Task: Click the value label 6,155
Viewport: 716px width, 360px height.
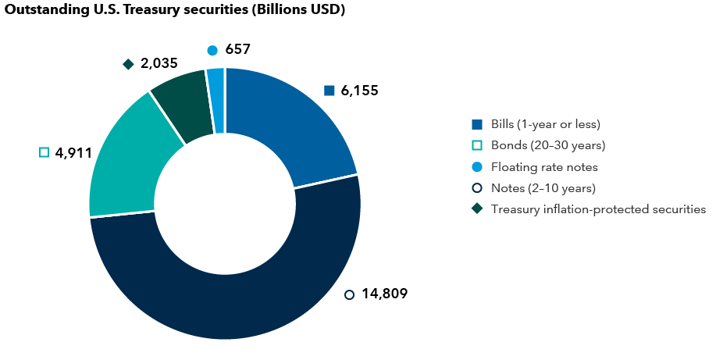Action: point(359,91)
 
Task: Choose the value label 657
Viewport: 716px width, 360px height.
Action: point(237,49)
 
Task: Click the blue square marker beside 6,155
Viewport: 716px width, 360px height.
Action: point(329,91)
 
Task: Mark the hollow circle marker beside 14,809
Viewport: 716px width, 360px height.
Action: point(349,294)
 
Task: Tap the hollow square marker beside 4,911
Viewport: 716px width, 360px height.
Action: point(45,152)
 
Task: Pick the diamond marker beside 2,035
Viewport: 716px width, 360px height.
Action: point(128,64)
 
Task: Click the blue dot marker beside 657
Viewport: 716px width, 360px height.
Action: point(212,50)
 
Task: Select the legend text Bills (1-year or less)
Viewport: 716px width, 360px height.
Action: point(545,124)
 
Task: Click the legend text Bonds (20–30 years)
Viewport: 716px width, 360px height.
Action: point(548,145)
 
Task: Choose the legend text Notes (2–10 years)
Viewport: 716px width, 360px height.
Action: point(543,187)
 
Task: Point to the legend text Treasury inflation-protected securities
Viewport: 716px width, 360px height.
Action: point(598,209)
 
